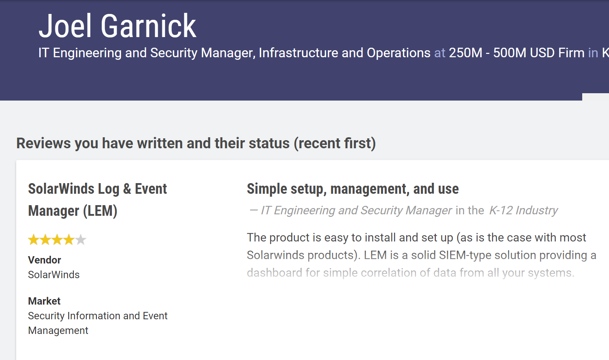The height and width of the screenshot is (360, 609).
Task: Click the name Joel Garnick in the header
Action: click(x=117, y=26)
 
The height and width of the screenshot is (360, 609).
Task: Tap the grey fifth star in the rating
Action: click(x=81, y=240)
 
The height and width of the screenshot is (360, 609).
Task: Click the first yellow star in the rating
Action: click(x=33, y=240)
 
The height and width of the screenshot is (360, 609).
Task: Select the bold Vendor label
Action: click(x=44, y=260)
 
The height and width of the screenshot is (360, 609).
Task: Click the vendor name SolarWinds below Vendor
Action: click(x=54, y=274)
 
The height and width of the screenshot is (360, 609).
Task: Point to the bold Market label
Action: click(x=44, y=301)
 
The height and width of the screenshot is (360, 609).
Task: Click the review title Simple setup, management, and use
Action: click(x=353, y=189)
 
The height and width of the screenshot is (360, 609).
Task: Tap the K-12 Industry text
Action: click(x=524, y=210)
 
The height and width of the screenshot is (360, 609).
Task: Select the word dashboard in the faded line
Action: click(x=274, y=272)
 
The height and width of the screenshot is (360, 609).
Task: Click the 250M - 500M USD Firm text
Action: click(x=517, y=53)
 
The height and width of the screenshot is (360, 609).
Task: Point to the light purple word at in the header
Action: click(x=440, y=53)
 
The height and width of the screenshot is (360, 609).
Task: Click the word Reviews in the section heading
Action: click(x=44, y=143)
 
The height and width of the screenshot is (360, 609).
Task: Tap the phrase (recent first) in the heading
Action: click(x=335, y=143)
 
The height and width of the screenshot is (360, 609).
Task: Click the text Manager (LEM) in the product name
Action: click(x=73, y=211)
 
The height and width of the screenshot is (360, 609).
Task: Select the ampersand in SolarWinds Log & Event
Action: click(x=127, y=189)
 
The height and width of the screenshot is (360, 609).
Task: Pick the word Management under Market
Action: click(x=58, y=331)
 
